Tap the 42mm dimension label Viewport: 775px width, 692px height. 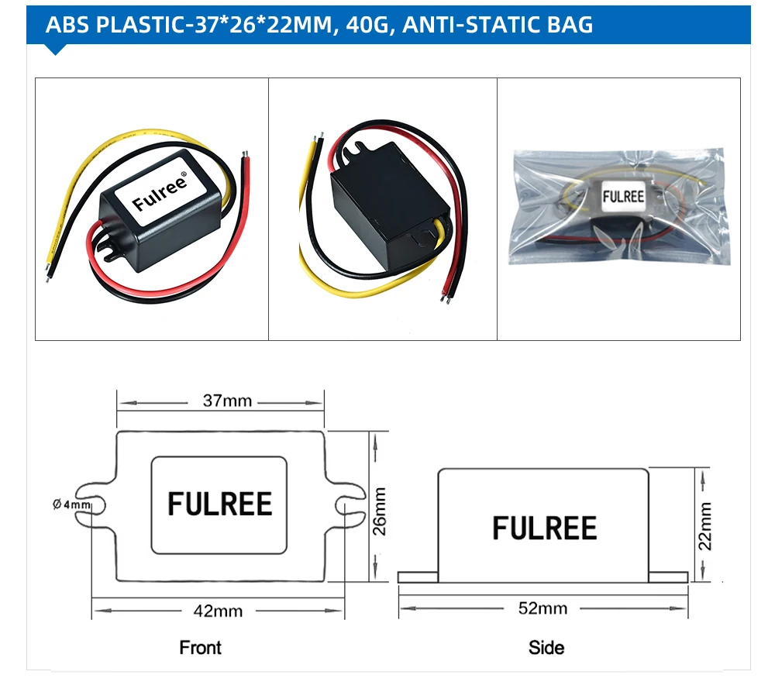pos(218,611)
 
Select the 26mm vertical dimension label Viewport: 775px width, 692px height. pos(380,511)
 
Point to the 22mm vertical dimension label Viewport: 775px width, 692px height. pos(704,526)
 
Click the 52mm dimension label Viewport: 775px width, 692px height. pos(542,608)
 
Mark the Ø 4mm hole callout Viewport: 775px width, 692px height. pos(72,504)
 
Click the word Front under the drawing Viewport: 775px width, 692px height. pos(200,647)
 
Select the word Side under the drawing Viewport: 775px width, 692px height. pos(546,647)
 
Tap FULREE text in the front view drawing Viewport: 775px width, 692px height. pos(220,504)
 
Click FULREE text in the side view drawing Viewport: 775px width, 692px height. pos(545,528)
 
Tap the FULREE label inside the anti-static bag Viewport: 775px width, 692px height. pos(623,197)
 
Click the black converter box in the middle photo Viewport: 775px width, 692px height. pos(385,206)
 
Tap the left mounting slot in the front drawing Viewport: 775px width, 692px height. pos(99,505)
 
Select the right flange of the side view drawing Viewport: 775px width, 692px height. pos(668,577)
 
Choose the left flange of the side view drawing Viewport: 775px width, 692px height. pos(418,577)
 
